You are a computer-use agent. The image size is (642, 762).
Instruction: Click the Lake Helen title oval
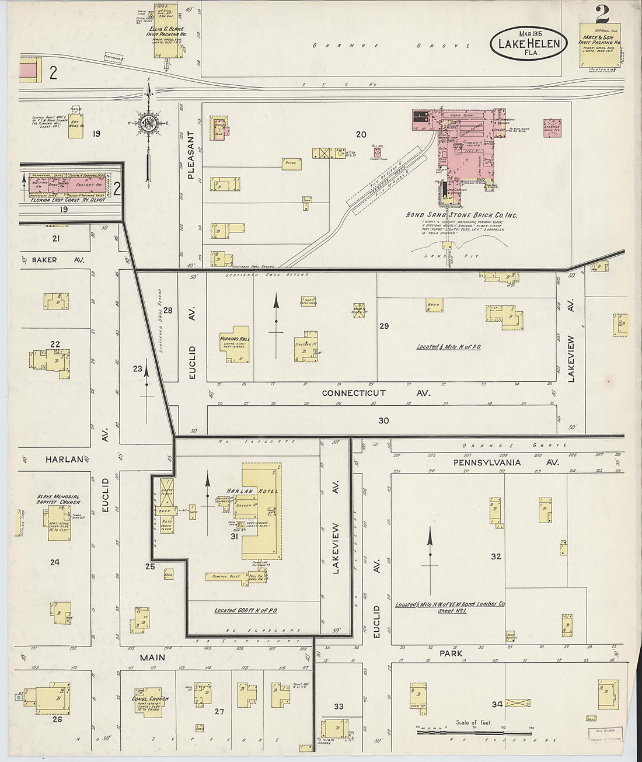pos(528,43)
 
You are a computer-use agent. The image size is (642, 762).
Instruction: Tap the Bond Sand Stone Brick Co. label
pos(461,215)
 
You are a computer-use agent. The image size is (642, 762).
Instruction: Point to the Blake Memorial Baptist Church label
pos(58,499)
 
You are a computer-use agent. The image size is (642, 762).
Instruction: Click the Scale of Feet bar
pos(475,731)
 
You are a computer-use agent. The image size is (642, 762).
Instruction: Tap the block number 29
pos(384,326)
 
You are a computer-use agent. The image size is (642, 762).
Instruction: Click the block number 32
pos(496,556)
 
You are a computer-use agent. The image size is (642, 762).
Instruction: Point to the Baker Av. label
pos(53,259)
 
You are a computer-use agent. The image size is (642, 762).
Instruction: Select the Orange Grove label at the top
pos(391,46)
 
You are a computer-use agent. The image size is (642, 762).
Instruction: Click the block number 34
pos(497,704)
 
